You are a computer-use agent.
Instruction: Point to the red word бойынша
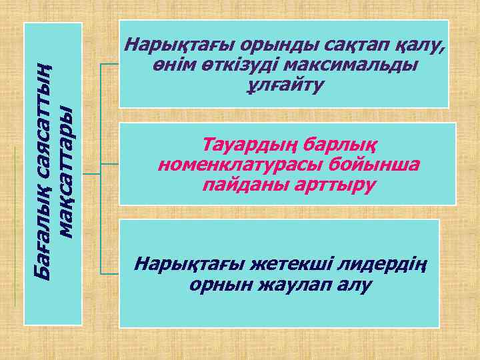(378, 163)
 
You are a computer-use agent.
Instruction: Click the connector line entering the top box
(110, 64)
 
